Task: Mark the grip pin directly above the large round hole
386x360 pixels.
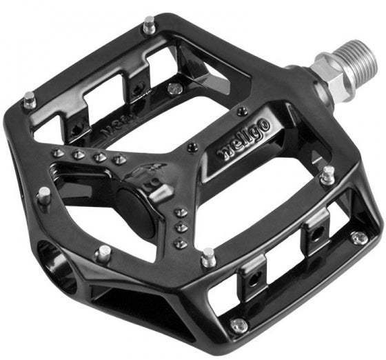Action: pos(103,252)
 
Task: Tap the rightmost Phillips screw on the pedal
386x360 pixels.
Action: pos(358,237)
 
